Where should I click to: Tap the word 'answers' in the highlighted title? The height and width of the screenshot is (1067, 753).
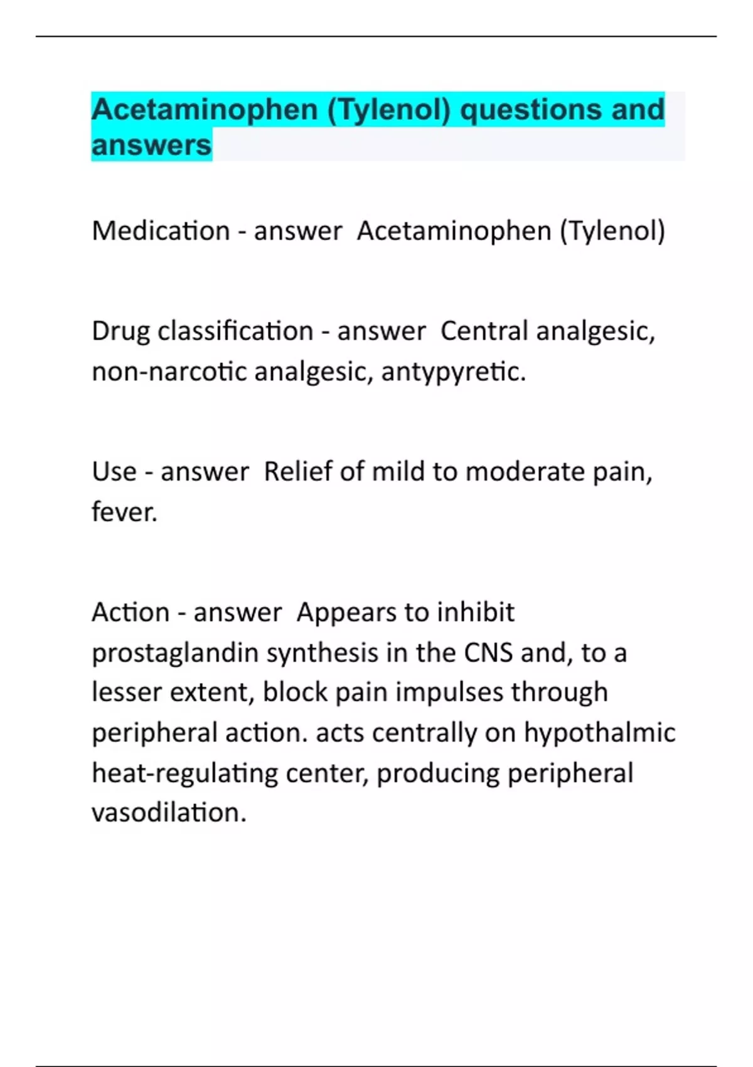tap(151, 145)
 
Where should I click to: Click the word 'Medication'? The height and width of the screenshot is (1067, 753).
tap(161, 231)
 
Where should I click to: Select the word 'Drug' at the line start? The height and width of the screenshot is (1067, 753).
tap(120, 331)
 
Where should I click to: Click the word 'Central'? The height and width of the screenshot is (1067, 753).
tap(484, 331)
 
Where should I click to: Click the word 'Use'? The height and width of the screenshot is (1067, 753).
tap(114, 471)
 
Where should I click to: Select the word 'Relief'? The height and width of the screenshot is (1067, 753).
tap(297, 471)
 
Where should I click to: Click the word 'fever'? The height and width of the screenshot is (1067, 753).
tap(123, 512)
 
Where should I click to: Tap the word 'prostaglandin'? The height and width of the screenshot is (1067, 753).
tap(175, 653)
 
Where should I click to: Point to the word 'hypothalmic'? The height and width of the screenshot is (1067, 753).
tap(599, 732)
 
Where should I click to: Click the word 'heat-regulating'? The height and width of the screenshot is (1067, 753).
tap(184, 773)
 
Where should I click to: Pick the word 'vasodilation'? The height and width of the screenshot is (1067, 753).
tap(168, 812)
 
